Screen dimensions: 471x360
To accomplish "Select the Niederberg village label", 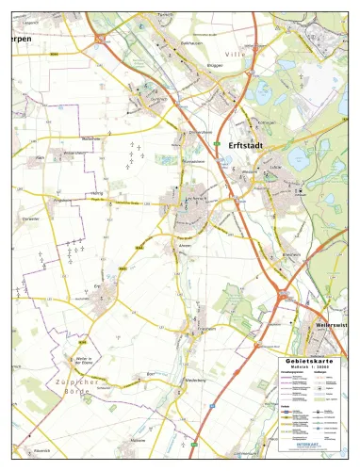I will [x=196, y=382].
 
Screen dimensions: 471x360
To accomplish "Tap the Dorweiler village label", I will [x=29, y=218].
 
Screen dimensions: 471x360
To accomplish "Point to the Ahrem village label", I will [x=185, y=246].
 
